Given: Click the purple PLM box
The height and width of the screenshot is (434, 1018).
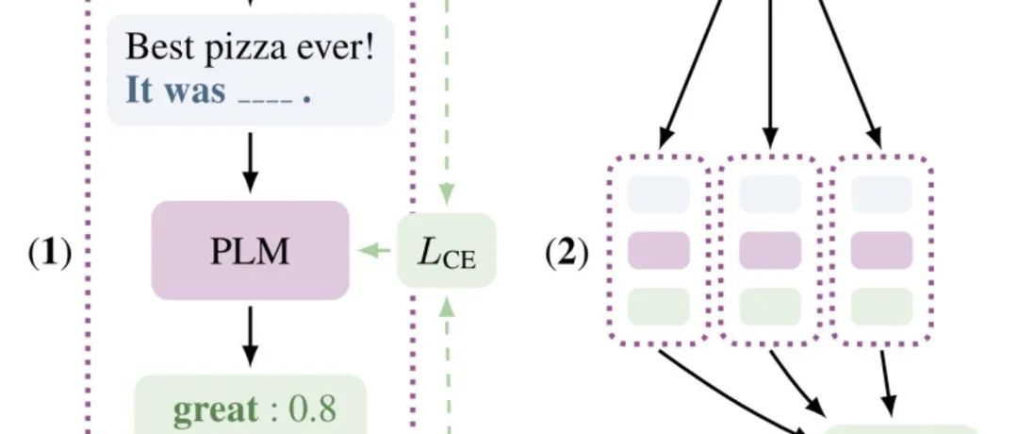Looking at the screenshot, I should [x=250, y=251].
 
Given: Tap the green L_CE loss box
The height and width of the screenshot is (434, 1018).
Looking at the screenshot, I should [x=446, y=252].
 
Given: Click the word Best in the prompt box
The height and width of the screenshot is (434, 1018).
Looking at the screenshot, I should [x=156, y=46].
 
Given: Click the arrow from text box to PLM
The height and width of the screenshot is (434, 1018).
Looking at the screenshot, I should [x=250, y=159].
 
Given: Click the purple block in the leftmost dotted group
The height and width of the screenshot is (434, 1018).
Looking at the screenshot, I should [x=659, y=250].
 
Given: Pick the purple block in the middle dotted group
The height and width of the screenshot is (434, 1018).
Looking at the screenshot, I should [x=770, y=250].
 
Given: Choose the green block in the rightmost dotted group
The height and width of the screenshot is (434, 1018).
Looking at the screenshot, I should [x=881, y=306].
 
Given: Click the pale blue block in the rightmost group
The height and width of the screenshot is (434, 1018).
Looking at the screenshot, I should [x=881, y=194].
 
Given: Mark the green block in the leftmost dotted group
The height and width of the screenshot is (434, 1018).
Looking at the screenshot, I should [x=659, y=306].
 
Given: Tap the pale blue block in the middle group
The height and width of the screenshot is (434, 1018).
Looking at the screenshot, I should [x=770, y=194].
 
